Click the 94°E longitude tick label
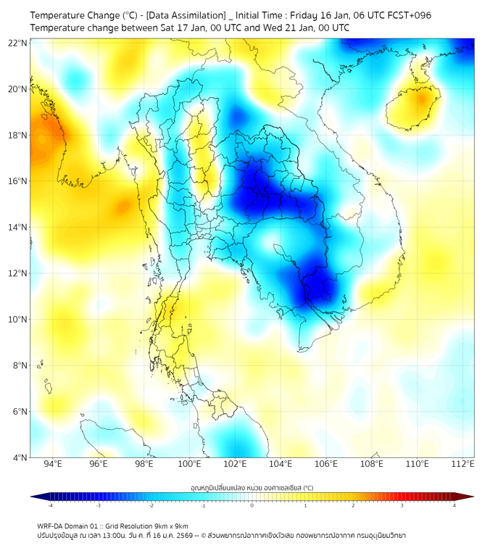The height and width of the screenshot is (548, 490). (53, 465)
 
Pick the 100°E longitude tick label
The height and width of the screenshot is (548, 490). (190, 465)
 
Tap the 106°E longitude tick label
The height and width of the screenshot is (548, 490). (327, 465)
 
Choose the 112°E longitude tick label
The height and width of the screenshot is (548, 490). (463, 465)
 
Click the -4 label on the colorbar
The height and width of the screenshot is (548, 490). (49, 505)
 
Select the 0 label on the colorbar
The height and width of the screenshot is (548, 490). (252, 505)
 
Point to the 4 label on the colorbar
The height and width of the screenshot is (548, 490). (454, 505)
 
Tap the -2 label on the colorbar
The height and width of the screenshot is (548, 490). (151, 505)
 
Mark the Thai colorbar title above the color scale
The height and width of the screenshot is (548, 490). (252, 488)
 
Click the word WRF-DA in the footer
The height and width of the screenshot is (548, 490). (51, 526)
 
